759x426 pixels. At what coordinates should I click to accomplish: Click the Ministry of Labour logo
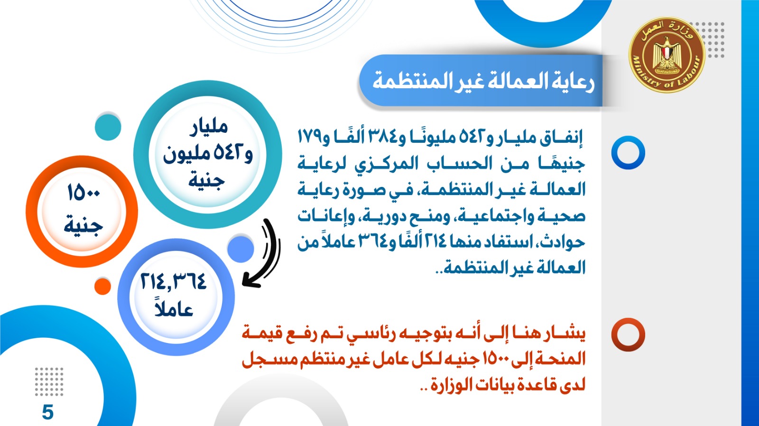[666, 55]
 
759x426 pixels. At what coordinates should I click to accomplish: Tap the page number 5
[48, 412]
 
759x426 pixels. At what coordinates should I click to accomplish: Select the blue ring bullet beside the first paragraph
[628, 152]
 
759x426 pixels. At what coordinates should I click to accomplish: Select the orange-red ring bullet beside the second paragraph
[628, 334]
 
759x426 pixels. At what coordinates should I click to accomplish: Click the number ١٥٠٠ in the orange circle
[83, 193]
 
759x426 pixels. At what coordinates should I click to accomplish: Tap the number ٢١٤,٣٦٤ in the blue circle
[173, 282]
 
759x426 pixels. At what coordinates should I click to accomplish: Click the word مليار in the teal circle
[208, 128]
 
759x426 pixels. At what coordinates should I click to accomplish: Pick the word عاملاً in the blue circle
[174, 308]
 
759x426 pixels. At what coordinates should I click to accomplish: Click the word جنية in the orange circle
[83, 225]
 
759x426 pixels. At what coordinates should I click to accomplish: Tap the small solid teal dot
[108, 128]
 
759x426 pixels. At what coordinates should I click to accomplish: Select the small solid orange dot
[102, 287]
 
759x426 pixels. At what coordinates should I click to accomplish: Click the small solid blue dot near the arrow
[241, 249]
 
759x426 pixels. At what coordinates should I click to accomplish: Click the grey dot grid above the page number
[49, 381]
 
